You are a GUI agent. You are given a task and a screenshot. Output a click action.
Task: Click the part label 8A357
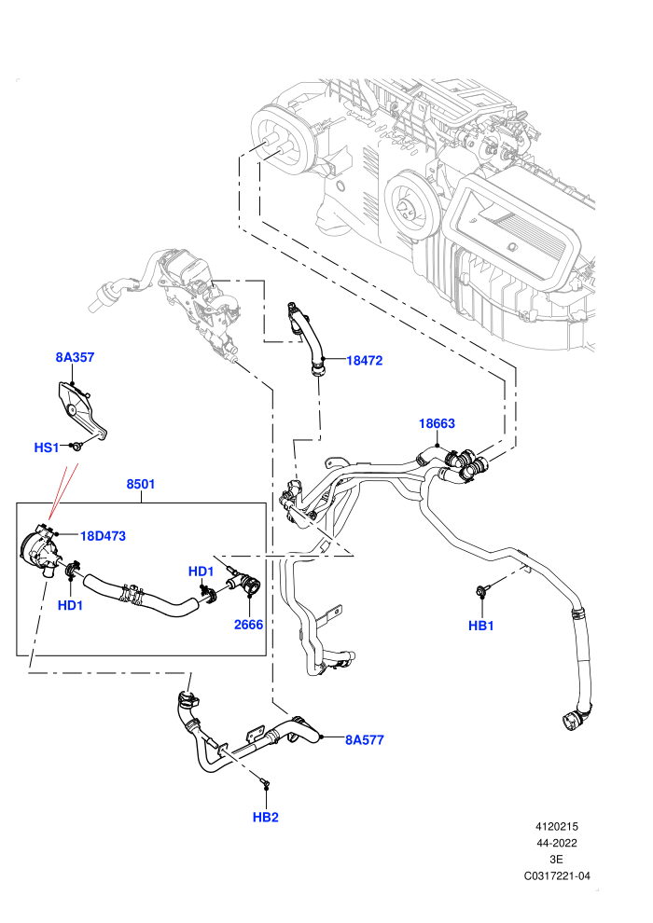pyautogui.click(x=75, y=357)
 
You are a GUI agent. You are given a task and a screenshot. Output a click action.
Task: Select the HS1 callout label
pyautogui.click(x=47, y=448)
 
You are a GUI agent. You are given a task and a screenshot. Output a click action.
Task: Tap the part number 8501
pyautogui.click(x=141, y=484)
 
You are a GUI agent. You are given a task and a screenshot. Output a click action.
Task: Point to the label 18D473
pyautogui.click(x=103, y=536)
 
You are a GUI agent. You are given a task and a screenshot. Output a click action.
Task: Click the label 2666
pyautogui.click(x=248, y=625)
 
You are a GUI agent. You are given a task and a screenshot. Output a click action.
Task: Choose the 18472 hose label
pyautogui.click(x=365, y=360)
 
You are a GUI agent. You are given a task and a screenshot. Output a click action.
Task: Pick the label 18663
pyautogui.click(x=437, y=423)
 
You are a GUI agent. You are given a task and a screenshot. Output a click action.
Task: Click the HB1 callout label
pyautogui.click(x=481, y=626)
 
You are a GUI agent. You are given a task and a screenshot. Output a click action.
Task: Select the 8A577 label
pyautogui.click(x=365, y=740)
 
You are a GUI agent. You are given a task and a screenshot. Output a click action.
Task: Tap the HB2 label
pyautogui.click(x=266, y=817)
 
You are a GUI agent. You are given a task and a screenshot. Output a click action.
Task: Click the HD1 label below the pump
pyautogui.click(x=70, y=605)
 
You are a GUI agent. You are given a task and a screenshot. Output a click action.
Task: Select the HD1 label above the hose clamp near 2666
pyautogui.click(x=201, y=571)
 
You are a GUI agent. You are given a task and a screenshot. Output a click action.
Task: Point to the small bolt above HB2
pyautogui.click(x=265, y=781)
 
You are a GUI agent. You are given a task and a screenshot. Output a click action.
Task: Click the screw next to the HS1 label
pyautogui.click(x=76, y=447)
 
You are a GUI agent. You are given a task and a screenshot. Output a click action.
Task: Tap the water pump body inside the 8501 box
pyautogui.click(x=39, y=548)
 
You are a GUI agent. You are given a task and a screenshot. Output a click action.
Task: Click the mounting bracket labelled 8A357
pyautogui.click(x=82, y=410)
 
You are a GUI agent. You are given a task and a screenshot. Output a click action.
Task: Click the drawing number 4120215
pyautogui.click(x=556, y=826)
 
